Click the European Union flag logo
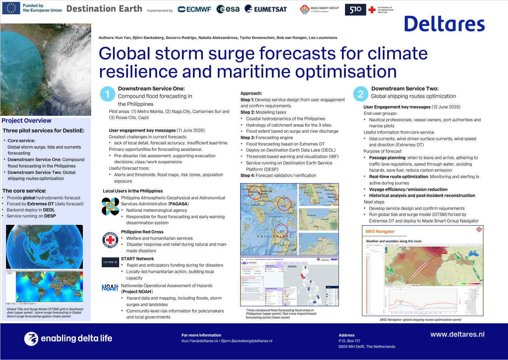click(11, 8)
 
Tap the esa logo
click(228, 9)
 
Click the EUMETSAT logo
click(266, 9)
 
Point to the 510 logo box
click(355, 10)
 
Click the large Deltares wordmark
click(444, 24)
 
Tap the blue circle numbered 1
click(107, 94)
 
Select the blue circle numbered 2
click(360, 94)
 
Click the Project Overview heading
click(26, 121)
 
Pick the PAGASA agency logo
click(110, 206)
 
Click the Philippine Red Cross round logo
click(110, 240)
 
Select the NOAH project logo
click(110, 288)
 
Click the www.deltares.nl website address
click(457, 334)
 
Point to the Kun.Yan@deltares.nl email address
click(199, 341)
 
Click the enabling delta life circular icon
click(31, 338)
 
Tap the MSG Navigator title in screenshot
click(380, 231)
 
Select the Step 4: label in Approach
click(247, 175)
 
